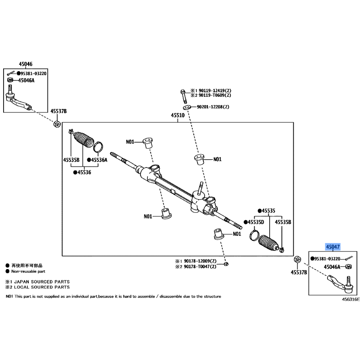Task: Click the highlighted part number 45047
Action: (x=333, y=247)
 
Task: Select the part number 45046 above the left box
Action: (x=26, y=64)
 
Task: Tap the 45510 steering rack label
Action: (x=178, y=115)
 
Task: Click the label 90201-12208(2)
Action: (x=213, y=107)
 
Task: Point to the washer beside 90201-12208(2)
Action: (x=187, y=107)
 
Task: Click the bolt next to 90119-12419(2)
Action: (x=184, y=96)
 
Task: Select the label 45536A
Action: (x=99, y=160)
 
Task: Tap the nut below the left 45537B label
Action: (x=57, y=124)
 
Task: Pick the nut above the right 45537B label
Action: (x=297, y=260)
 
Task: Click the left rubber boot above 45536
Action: (x=84, y=139)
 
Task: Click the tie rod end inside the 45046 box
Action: (x=18, y=99)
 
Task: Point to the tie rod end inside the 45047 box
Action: (x=341, y=283)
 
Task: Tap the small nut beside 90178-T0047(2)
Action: (x=226, y=264)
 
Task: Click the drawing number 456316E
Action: (x=351, y=299)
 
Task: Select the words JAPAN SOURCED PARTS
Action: (x=42, y=282)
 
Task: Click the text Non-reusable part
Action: (x=28, y=271)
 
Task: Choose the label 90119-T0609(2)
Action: (x=215, y=95)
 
